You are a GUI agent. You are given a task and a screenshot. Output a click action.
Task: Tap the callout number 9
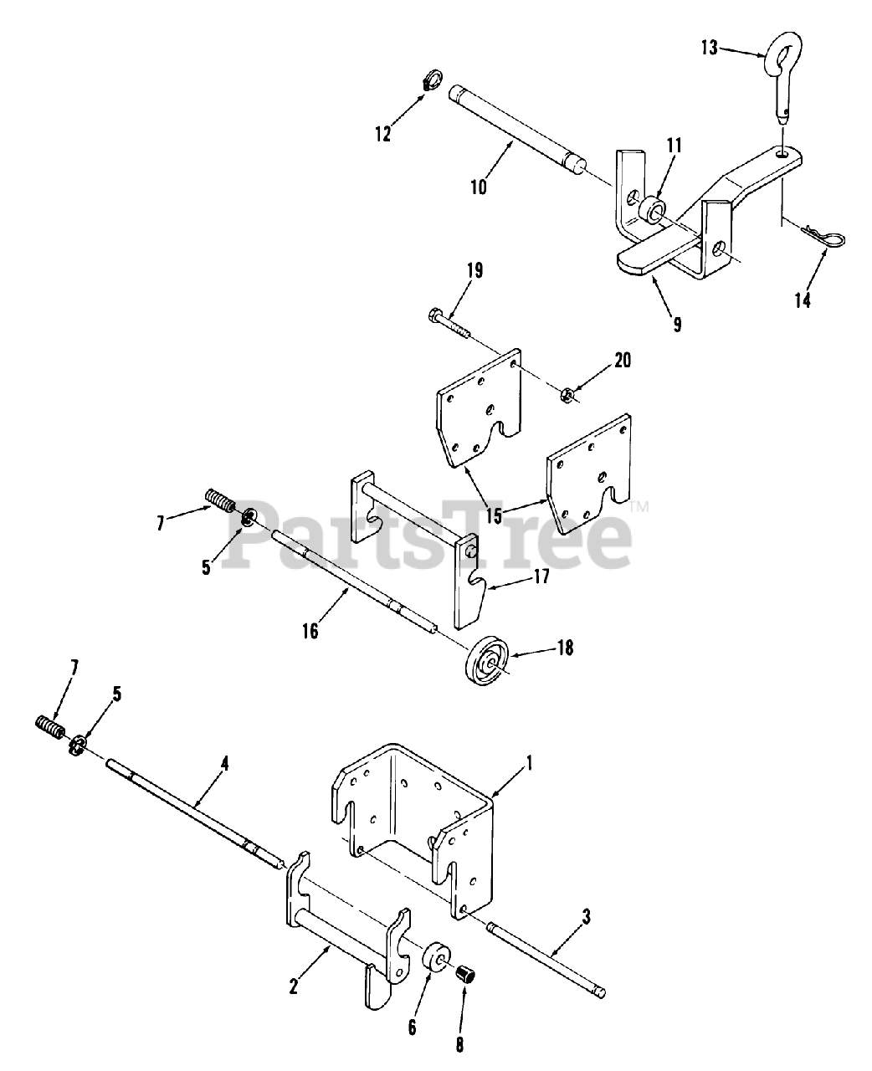point(677,322)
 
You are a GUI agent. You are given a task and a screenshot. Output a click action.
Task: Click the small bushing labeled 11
point(653,205)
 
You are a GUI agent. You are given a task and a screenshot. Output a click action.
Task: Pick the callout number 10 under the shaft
point(478,187)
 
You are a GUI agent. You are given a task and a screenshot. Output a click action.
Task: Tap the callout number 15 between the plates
point(493,514)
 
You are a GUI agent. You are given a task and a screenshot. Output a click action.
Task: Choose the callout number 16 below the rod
point(310,629)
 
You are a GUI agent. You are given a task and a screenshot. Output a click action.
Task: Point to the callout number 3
point(585,918)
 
